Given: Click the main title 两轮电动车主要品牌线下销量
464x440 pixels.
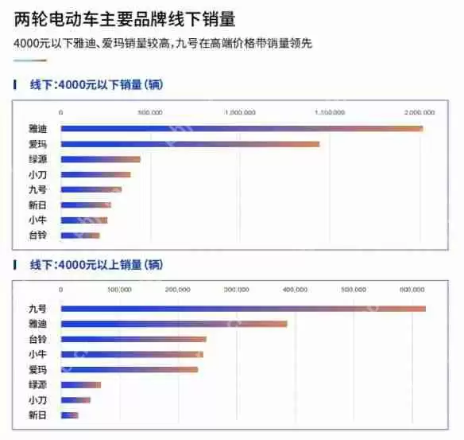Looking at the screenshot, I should (124, 18).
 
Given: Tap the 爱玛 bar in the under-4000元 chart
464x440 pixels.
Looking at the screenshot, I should (190, 144).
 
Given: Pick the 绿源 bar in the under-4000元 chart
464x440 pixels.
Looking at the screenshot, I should (100, 159).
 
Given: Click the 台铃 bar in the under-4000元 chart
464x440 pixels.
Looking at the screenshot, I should (80, 235).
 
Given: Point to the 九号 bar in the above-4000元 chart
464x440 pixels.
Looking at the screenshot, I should (243, 309).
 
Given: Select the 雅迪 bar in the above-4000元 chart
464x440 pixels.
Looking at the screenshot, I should (174, 324).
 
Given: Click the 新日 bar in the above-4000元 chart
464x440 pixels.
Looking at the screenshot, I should (70, 415).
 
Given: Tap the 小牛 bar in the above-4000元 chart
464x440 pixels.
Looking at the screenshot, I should (132, 354).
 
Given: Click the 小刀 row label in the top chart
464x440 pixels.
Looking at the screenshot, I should (37, 174).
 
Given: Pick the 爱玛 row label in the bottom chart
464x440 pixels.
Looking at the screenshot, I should (37, 369).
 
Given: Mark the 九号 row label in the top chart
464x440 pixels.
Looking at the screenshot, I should (37, 189).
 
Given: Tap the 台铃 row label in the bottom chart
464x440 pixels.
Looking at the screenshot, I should (37, 339).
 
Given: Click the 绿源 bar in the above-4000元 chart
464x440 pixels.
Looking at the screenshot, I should (81, 385).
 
